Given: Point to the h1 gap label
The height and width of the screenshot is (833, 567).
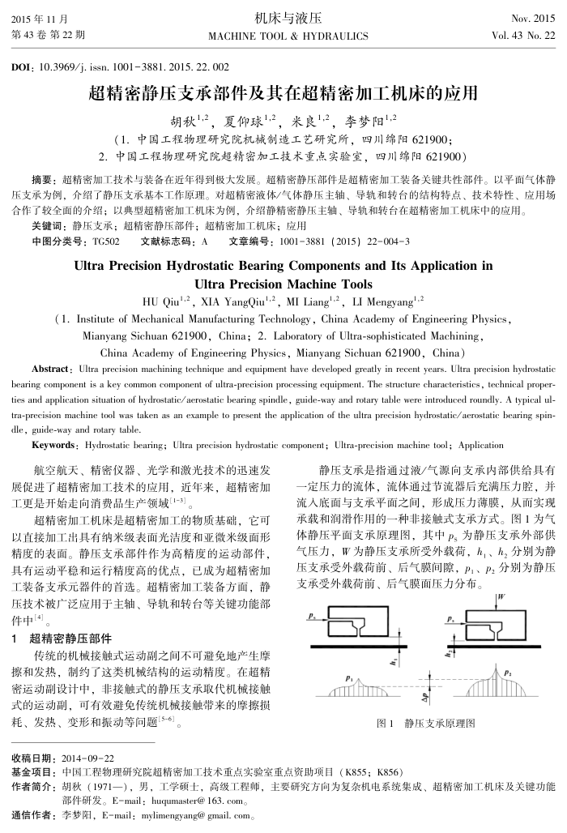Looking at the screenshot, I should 391,660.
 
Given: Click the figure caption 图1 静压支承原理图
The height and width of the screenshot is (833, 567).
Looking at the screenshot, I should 426,723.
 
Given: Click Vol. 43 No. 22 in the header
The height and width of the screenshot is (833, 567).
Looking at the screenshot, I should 524,36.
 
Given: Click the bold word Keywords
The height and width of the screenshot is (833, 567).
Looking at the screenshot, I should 53,445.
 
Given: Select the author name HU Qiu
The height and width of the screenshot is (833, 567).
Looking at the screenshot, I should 165,302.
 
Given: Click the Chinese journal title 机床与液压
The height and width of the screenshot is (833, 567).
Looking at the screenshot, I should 288,17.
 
